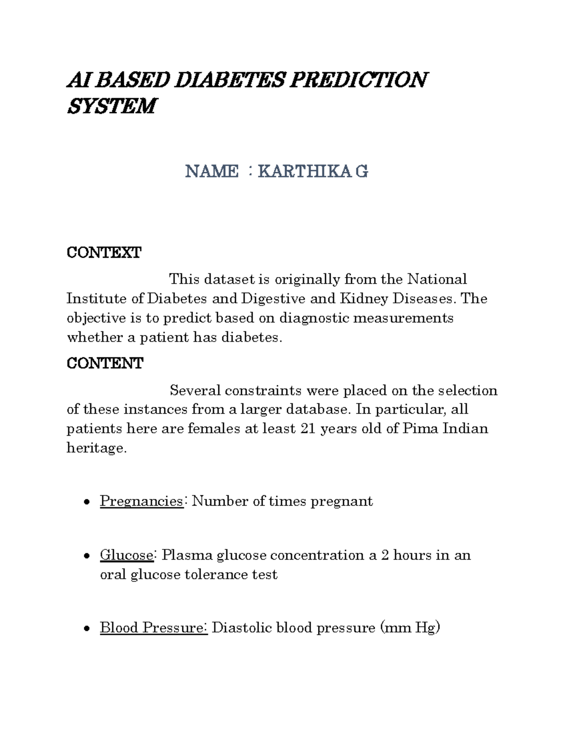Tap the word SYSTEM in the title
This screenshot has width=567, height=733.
point(111,106)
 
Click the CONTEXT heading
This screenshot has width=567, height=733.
point(103,253)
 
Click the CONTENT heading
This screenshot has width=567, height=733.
point(104,363)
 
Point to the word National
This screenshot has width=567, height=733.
point(437,279)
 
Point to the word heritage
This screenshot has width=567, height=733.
point(96,447)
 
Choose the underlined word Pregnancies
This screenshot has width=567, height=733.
point(141,501)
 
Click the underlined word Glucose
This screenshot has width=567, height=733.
point(126,555)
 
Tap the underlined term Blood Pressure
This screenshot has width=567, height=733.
point(153,627)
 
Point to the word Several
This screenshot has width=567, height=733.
point(195,390)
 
